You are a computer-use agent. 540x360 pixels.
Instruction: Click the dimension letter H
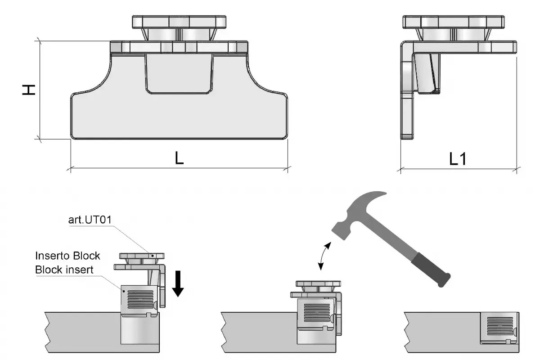coord(29,90)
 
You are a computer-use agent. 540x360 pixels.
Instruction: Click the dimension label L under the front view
coord(179,158)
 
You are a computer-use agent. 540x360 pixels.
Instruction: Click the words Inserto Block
coord(67,256)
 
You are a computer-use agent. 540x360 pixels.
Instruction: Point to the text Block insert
coord(65,269)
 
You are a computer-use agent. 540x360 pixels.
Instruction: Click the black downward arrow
coord(178,284)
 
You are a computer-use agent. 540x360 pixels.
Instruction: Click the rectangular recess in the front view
coord(178,74)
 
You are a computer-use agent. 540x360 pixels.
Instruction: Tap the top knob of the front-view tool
coord(179,21)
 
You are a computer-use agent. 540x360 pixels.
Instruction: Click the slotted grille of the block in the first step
coord(140,298)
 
